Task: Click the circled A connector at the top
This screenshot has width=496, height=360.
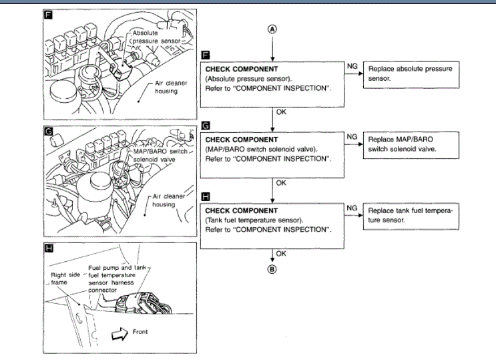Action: pos(272,29)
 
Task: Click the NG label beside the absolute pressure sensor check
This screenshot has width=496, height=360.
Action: pos(352,66)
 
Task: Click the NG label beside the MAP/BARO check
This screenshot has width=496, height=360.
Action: pos(352,137)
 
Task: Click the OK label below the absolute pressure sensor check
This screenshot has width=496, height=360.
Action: pos(281,114)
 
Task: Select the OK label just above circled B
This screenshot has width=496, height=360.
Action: pos(281,253)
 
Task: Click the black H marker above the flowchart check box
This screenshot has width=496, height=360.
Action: pos(205,196)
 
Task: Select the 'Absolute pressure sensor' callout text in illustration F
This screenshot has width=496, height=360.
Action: pos(156,37)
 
